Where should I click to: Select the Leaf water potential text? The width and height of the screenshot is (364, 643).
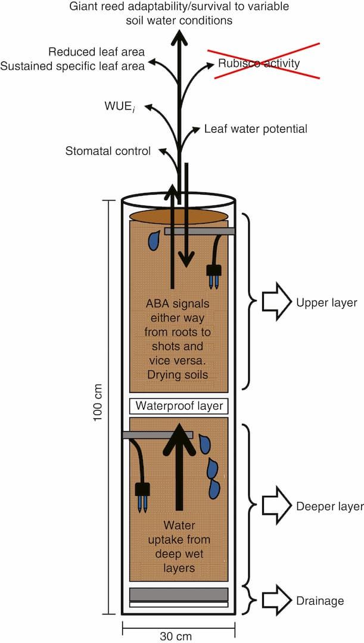[256, 129]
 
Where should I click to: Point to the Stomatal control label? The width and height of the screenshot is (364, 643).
[108, 151]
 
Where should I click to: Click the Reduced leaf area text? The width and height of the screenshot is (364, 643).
[97, 52]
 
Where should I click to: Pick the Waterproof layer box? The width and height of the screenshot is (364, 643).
[179, 406]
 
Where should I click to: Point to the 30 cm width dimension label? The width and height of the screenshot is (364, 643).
[176, 636]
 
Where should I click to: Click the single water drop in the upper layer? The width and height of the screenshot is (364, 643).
[154, 240]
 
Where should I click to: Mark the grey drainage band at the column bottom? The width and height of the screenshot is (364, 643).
[179, 594]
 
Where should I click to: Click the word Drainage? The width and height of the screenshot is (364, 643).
[320, 601]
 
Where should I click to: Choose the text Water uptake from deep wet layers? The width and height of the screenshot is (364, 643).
[179, 547]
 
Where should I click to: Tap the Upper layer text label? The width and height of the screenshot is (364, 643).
[326, 302]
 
